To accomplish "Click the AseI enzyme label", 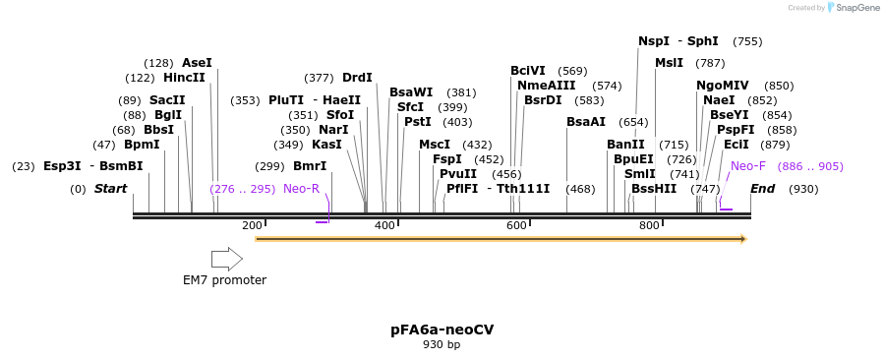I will [x=197, y=63].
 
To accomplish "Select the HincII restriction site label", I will [x=185, y=78].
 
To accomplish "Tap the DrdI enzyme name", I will [x=357, y=78].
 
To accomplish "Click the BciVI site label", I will [x=528, y=71].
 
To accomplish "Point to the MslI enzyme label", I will [x=669, y=63].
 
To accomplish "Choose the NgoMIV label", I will [x=722, y=86].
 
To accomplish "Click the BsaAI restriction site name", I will [x=586, y=122].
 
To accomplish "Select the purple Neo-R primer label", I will [x=301, y=189].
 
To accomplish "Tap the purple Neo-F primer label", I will [x=747, y=166].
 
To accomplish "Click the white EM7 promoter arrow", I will [x=227, y=259].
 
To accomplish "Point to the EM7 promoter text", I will [x=224, y=280].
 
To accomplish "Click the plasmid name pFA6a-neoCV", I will [x=442, y=330].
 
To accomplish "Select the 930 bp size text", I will [x=442, y=345].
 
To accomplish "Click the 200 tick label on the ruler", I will [x=252, y=226].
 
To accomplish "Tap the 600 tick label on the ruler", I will [x=517, y=226].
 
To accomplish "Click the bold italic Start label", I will [x=110, y=189].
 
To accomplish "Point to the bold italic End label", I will [x=763, y=189].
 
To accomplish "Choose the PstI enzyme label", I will [x=418, y=122].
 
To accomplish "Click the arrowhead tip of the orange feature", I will [x=744, y=239].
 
